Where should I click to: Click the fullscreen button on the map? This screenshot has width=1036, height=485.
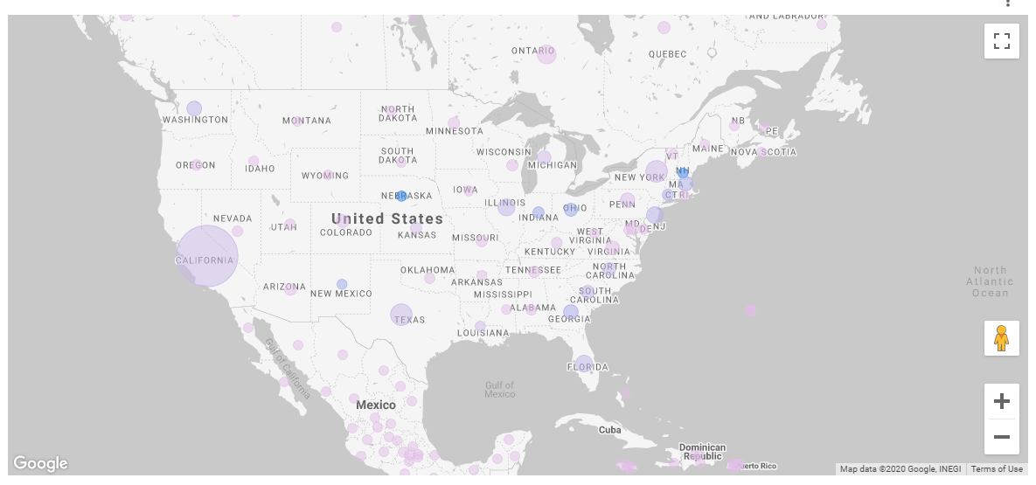point(1001,41)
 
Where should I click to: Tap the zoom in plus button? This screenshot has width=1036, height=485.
point(1001,402)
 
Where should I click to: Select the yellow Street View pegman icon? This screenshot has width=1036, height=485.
point(1001,338)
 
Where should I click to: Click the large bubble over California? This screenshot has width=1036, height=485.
point(207,256)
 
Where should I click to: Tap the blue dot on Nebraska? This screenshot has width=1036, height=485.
point(402,196)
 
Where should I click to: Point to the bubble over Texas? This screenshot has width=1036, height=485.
point(401,315)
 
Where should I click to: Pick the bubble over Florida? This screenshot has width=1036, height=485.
point(584,364)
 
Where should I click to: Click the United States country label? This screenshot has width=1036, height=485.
point(387,218)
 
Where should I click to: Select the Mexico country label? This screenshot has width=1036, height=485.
point(376,405)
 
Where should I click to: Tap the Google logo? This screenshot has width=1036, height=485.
point(40,463)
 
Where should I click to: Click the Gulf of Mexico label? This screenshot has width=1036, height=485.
point(500,390)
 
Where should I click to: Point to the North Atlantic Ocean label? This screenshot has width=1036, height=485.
point(991,281)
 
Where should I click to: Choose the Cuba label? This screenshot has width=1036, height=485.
point(609,430)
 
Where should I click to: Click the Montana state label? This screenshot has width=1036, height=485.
point(307,121)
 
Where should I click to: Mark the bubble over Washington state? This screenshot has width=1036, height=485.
point(194,109)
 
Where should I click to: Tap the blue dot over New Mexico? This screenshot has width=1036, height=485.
point(342,284)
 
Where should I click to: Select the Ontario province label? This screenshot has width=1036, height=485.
point(533,52)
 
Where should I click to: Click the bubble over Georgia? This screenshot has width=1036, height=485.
point(571,312)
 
